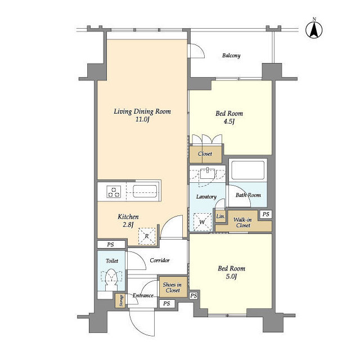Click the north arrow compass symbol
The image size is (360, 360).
(314, 30)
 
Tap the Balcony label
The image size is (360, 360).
(231, 56)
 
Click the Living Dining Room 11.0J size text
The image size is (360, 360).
(142, 119)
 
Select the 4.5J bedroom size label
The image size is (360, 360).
(229, 121)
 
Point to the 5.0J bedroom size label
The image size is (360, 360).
(231, 276)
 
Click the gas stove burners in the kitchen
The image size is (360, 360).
(114, 192)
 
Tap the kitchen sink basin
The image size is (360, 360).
(145, 191)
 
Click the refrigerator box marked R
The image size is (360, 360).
(147, 236)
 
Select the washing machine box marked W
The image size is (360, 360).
(202, 222)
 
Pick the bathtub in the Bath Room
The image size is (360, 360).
(248, 170)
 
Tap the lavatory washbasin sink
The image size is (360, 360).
(208, 173)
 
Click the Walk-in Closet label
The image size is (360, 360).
(242, 223)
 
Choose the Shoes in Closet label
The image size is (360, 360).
(173, 287)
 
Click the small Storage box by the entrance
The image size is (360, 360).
(120, 301)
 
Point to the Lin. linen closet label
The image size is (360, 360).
(220, 216)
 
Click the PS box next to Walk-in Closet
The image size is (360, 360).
(265, 214)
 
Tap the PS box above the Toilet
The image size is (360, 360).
(111, 245)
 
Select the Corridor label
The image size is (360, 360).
(160, 260)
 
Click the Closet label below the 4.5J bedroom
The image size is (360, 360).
(205, 154)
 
